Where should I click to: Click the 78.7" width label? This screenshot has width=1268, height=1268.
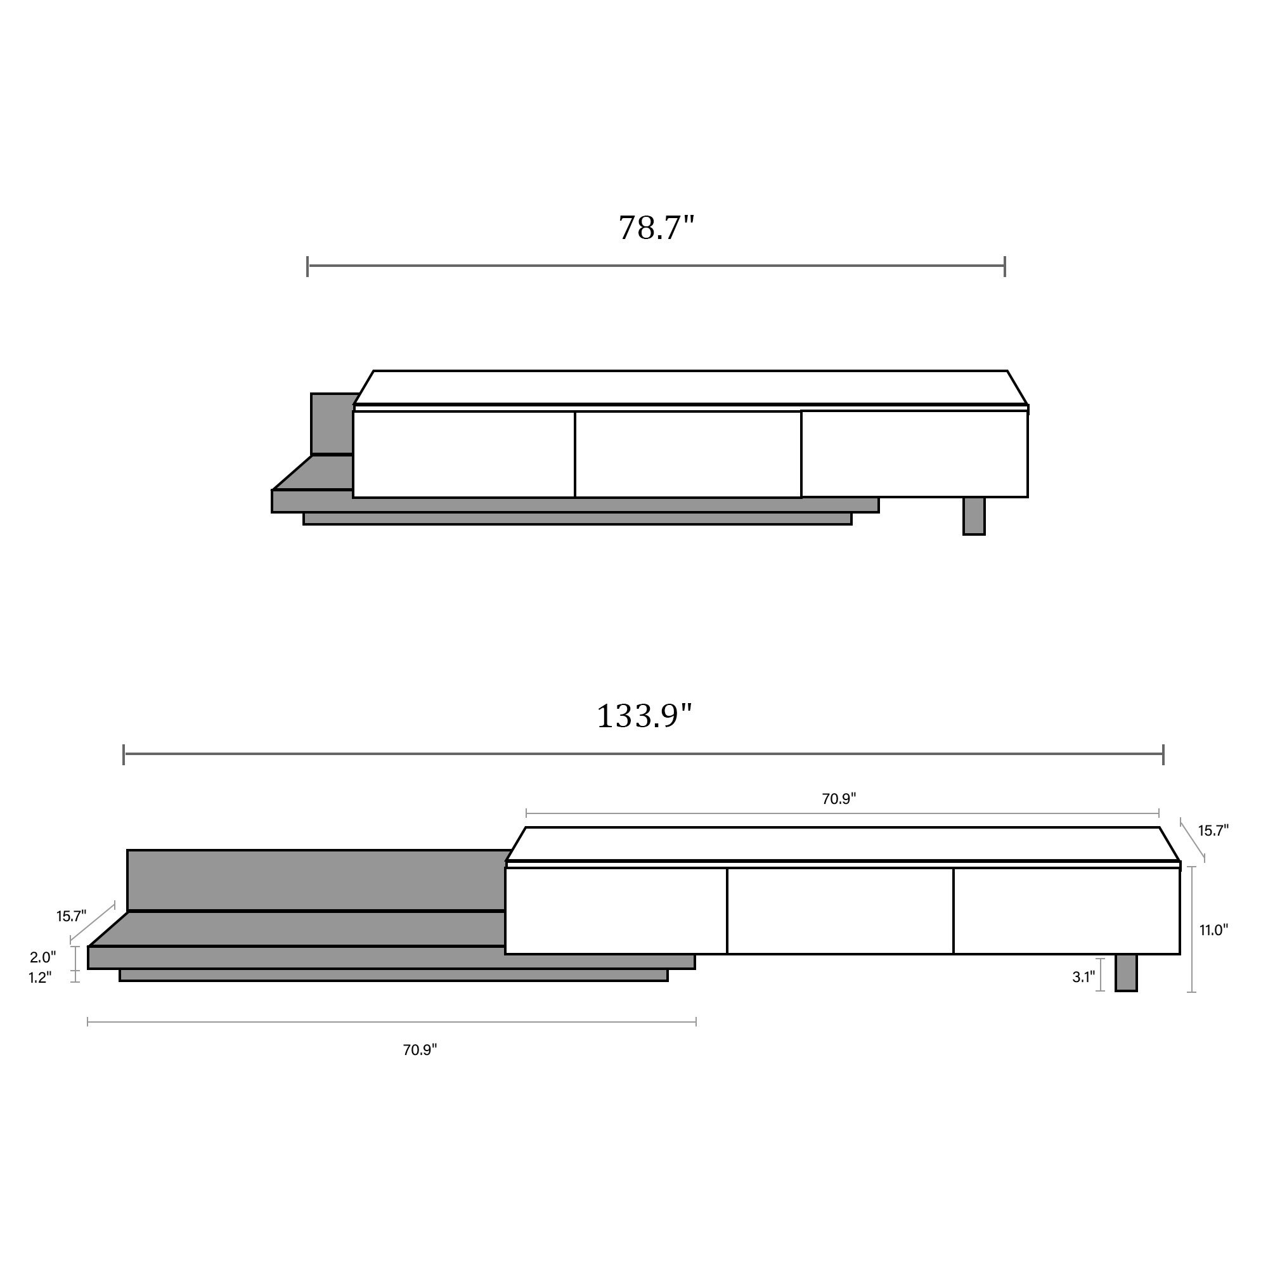tap(656, 228)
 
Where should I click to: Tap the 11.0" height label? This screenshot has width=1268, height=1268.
tap(1213, 930)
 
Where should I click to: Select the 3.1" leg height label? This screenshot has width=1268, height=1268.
tap(1084, 977)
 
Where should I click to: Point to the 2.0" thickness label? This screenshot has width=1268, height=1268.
tap(42, 957)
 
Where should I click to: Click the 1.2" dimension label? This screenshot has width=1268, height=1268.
tap(39, 978)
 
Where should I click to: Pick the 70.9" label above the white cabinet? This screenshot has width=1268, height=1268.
tap(839, 799)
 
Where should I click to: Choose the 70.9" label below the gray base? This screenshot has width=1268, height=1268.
tap(420, 1050)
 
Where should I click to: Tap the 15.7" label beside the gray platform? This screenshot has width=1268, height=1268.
tap(71, 916)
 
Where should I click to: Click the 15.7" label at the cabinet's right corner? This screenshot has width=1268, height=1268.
tap(1213, 831)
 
